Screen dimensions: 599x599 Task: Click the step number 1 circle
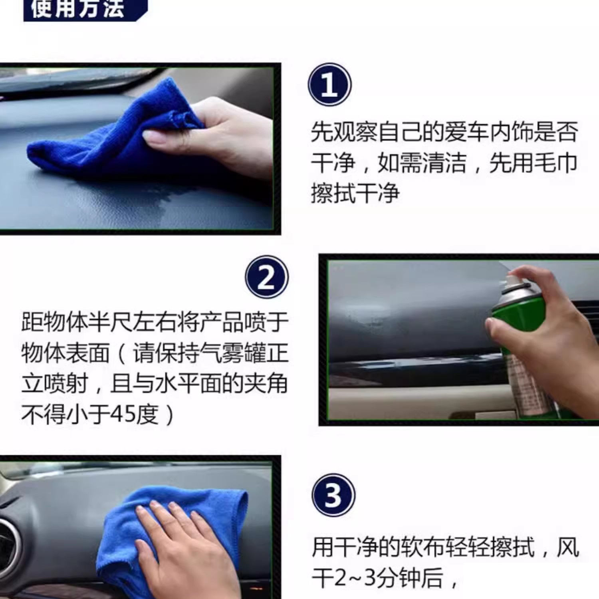(x=329, y=85)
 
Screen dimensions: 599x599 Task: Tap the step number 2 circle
(x=267, y=277)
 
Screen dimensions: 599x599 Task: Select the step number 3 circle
(x=333, y=495)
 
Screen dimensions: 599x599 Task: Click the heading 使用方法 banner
(x=85, y=9)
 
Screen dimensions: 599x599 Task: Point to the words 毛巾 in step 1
(x=555, y=163)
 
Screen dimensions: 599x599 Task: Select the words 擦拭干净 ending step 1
(x=355, y=193)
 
